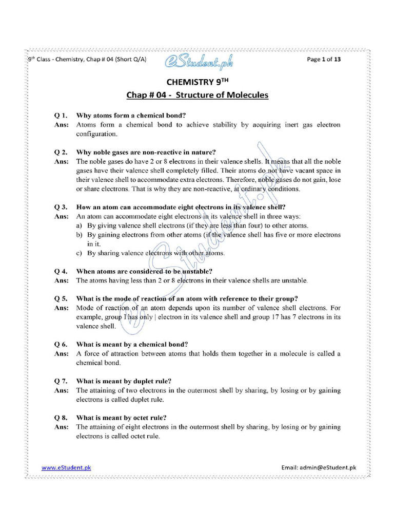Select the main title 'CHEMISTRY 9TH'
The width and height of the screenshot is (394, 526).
[197, 82]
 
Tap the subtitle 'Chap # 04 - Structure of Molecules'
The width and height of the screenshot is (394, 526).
[197, 95]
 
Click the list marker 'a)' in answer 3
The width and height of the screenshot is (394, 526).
[80, 226]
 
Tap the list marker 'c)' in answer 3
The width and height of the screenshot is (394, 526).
[80, 253]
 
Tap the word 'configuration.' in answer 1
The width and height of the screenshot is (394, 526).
[97, 134]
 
